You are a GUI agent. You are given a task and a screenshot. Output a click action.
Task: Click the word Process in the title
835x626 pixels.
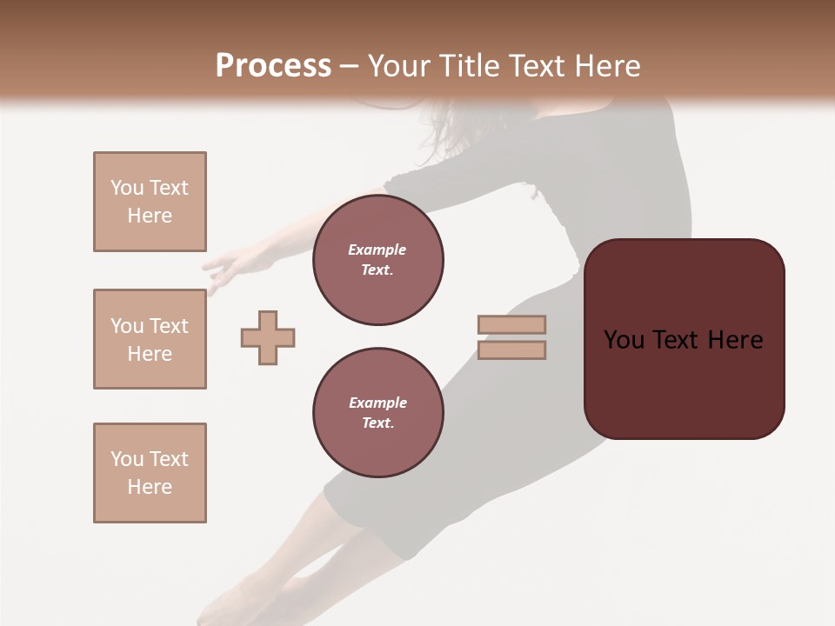273,66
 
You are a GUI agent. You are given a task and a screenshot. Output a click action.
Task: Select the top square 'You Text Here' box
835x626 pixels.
150,202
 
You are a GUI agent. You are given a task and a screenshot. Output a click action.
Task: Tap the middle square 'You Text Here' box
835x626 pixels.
150,339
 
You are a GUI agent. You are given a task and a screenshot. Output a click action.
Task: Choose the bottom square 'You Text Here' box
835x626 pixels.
150,473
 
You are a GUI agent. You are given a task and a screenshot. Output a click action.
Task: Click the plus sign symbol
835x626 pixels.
268,337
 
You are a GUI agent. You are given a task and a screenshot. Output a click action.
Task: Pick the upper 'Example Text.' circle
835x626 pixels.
377,260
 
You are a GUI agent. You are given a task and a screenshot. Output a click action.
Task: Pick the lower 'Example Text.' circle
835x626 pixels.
377,413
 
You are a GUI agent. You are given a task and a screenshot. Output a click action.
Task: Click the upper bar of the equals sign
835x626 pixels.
511,324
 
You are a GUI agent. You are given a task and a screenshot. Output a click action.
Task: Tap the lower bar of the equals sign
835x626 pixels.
511,350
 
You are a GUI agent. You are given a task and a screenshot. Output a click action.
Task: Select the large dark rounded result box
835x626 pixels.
684,339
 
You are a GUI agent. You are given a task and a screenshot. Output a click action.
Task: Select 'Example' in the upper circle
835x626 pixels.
377,250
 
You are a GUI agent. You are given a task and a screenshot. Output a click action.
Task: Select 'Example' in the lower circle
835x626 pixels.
377,403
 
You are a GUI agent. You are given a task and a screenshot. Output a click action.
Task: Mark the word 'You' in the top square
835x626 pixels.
127,188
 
